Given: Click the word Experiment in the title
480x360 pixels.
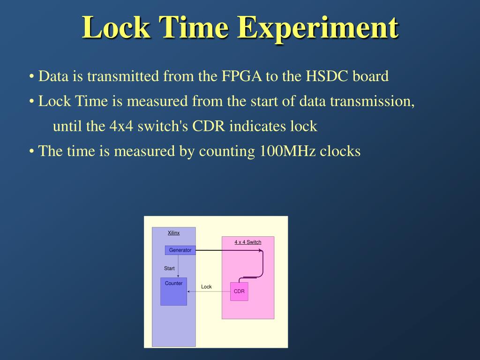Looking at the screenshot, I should (x=317, y=28).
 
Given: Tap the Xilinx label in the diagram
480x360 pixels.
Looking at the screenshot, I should (x=173, y=233).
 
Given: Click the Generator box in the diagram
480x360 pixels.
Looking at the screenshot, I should (x=180, y=250).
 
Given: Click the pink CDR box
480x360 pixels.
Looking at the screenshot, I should (x=239, y=292).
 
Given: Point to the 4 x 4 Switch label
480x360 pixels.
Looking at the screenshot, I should (x=247, y=242).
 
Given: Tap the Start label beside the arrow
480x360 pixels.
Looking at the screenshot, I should (x=169, y=269).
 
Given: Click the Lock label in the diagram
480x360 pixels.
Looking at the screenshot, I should (x=206, y=287).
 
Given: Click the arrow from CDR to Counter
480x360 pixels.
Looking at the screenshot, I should (x=209, y=292).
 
